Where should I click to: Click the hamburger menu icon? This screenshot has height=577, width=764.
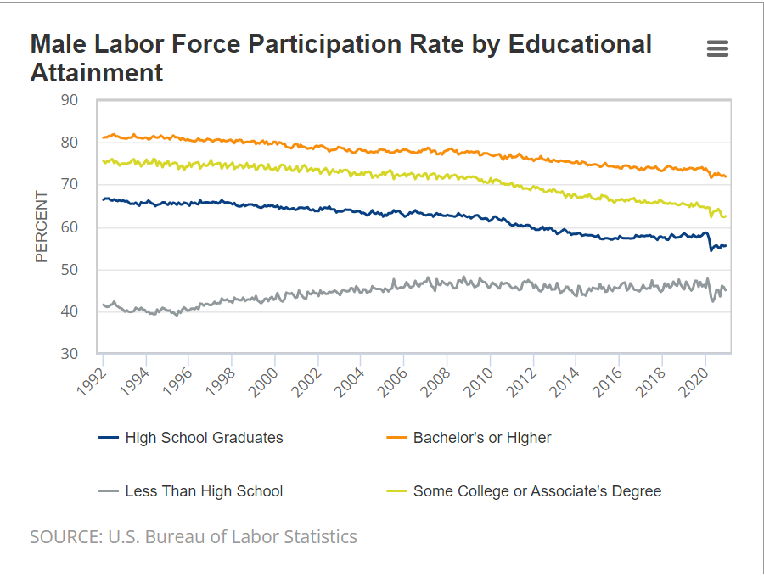click(x=717, y=49)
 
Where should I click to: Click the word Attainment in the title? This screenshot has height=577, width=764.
click(x=97, y=73)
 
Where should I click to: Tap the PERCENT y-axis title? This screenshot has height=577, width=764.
click(x=42, y=227)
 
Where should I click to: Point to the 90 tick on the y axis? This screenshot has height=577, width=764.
click(x=69, y=100)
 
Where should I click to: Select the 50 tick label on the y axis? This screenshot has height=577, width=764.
click(x=69, y=270)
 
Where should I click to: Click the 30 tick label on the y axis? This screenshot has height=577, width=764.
click(x=69, y=354)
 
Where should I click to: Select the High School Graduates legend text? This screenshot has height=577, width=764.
click(x=204, y=438)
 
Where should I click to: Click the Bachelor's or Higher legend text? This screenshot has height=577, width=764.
click(x=482, y=438)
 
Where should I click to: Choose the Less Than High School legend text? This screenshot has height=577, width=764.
click(x=204, y=491)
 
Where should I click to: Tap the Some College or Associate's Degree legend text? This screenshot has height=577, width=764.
click(x=536, y=491)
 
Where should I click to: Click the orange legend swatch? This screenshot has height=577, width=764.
click(x=396, y=438)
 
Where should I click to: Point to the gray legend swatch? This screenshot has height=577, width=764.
click(x=109, y=491)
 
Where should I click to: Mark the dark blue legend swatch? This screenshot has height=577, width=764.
click(x=109, y=438)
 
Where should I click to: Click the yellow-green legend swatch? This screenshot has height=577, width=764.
click(x=396, y=491)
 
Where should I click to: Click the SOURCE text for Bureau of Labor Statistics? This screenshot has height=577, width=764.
click(x=194, y=536)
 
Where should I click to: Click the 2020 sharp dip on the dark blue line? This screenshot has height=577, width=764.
click(x=711, y=250)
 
